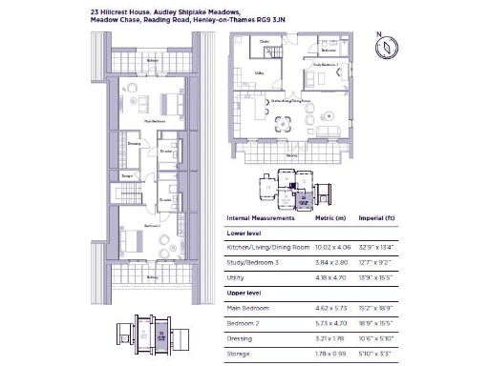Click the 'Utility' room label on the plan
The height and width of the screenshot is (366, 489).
click(259, 72)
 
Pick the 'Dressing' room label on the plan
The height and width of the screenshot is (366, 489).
click(134, 144)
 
